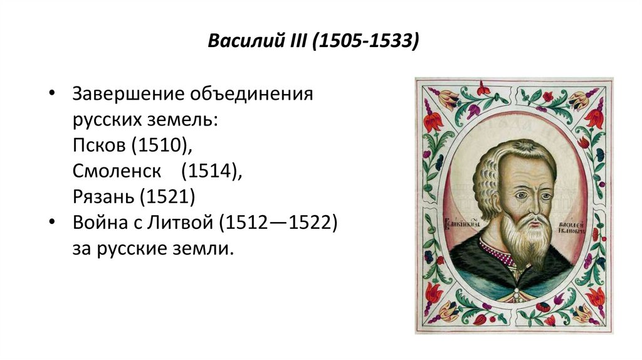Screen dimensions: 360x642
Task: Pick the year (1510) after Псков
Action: click(161, 146)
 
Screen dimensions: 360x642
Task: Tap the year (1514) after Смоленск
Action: click(211, 172)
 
